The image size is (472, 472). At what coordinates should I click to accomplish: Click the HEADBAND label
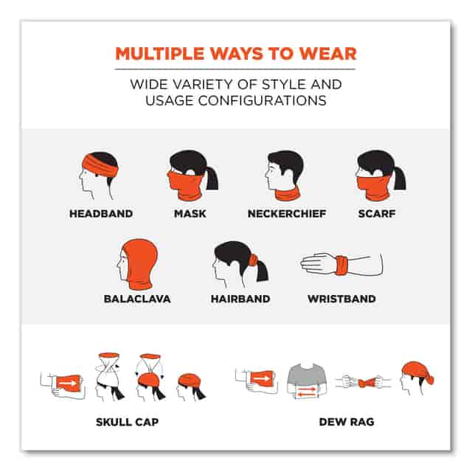click(x=101, y=214)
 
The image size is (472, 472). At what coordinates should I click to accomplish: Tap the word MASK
click(x=190, y=214)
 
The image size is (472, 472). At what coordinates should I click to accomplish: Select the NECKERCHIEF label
click(x=287, y=214)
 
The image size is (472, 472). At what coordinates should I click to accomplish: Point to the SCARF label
click(x=377, y=214)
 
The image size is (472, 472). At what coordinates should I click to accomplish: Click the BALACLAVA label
click(x=137, y=299)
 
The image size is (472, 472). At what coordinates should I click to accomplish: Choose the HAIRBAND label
click(x=240, y=299)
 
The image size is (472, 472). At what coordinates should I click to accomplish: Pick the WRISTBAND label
click(x=341, y=299)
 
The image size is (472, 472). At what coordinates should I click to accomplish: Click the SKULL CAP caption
click(x=128, y=422)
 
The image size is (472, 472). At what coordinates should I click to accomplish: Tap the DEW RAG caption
click(x=347, y=422)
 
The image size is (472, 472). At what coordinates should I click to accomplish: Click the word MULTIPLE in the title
click(x=160, y=54)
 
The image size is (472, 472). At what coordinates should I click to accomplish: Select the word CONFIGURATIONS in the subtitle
click(x=263, y=100)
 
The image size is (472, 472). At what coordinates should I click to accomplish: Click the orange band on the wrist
click(x=341, y=265)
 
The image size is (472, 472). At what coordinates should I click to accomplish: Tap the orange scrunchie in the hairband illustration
click(x=253, y=260)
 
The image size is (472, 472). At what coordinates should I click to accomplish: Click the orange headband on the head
click(x=100, y=167)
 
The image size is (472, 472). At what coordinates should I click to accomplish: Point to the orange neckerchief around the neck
click(x=288, y=195)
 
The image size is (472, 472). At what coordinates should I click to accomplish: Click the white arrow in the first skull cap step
click(x=67, y=383)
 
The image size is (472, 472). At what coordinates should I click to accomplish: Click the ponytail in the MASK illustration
click(x=212, y=178)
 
